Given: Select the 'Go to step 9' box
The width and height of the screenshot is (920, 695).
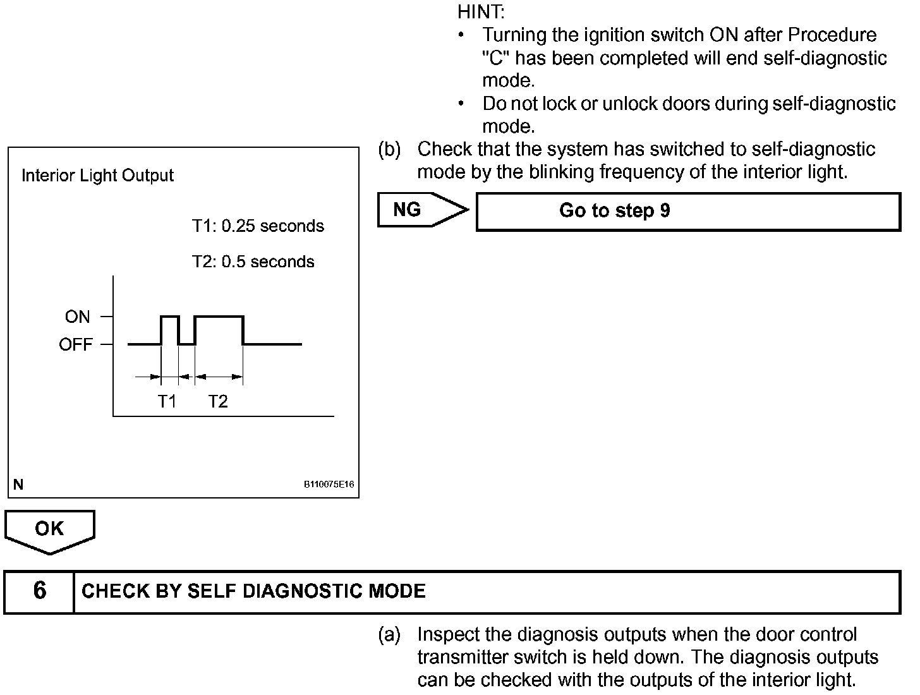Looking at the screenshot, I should pos(687,212).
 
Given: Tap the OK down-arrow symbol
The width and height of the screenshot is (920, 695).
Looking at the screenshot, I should pos(49,531).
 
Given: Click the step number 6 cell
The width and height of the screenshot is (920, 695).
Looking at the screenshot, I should pos(39,591).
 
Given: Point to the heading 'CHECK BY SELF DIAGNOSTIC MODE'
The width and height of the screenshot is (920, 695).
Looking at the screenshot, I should pos(253,591).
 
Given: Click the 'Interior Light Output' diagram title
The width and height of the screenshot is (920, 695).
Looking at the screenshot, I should pos(97,176).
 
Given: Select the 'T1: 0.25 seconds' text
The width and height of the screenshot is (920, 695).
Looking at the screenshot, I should pos(258,226).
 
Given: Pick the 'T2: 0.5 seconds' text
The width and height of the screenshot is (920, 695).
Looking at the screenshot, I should pos(253,262).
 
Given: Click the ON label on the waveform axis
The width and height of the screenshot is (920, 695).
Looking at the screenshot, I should pos(77,317).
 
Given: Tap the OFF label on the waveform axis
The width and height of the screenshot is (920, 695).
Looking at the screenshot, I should pos(75,345).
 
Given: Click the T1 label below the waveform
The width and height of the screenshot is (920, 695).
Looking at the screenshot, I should pos(167,401).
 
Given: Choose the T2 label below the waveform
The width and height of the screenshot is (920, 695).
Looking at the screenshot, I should pos(218,401).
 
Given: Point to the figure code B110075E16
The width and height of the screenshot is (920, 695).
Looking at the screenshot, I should pos(329,485).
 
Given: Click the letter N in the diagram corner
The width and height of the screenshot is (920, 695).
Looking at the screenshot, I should pos(18,485).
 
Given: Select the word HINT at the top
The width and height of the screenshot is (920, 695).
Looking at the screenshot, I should pos(480,11).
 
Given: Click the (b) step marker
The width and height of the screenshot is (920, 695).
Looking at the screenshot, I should pos(389,150).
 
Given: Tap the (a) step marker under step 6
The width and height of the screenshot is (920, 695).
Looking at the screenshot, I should pos(389,635).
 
